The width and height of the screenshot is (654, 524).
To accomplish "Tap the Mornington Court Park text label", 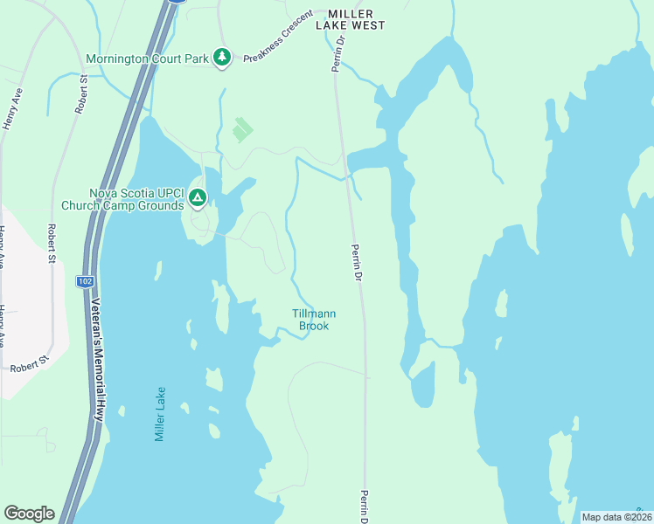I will [x=148, y=59].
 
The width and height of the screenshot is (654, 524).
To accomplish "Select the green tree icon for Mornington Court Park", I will [x=223, y=58].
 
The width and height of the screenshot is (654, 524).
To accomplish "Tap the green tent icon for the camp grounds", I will [x=198, y=199].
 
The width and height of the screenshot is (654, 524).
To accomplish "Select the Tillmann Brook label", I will [x=314, y=320].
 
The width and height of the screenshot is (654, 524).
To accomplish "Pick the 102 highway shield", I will [x=85, y=281].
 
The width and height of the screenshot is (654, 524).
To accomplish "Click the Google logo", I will [x=29, y=514].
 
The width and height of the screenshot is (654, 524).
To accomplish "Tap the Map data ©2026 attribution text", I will [x=616, y=517].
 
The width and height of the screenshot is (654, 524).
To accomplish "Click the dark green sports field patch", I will [x=242, y=131].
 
